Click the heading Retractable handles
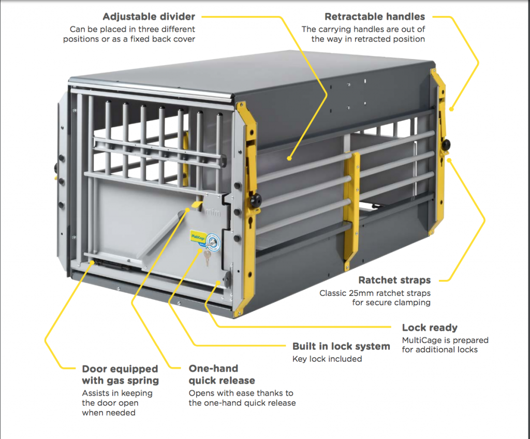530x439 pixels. tap(375, 17)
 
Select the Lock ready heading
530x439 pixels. tap(430, 328)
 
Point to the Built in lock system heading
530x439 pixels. tap(341, 346)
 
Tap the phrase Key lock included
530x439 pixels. tap(327, 359)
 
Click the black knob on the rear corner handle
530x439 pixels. tap(446, 145)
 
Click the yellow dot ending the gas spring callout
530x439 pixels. tap(92, 263)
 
